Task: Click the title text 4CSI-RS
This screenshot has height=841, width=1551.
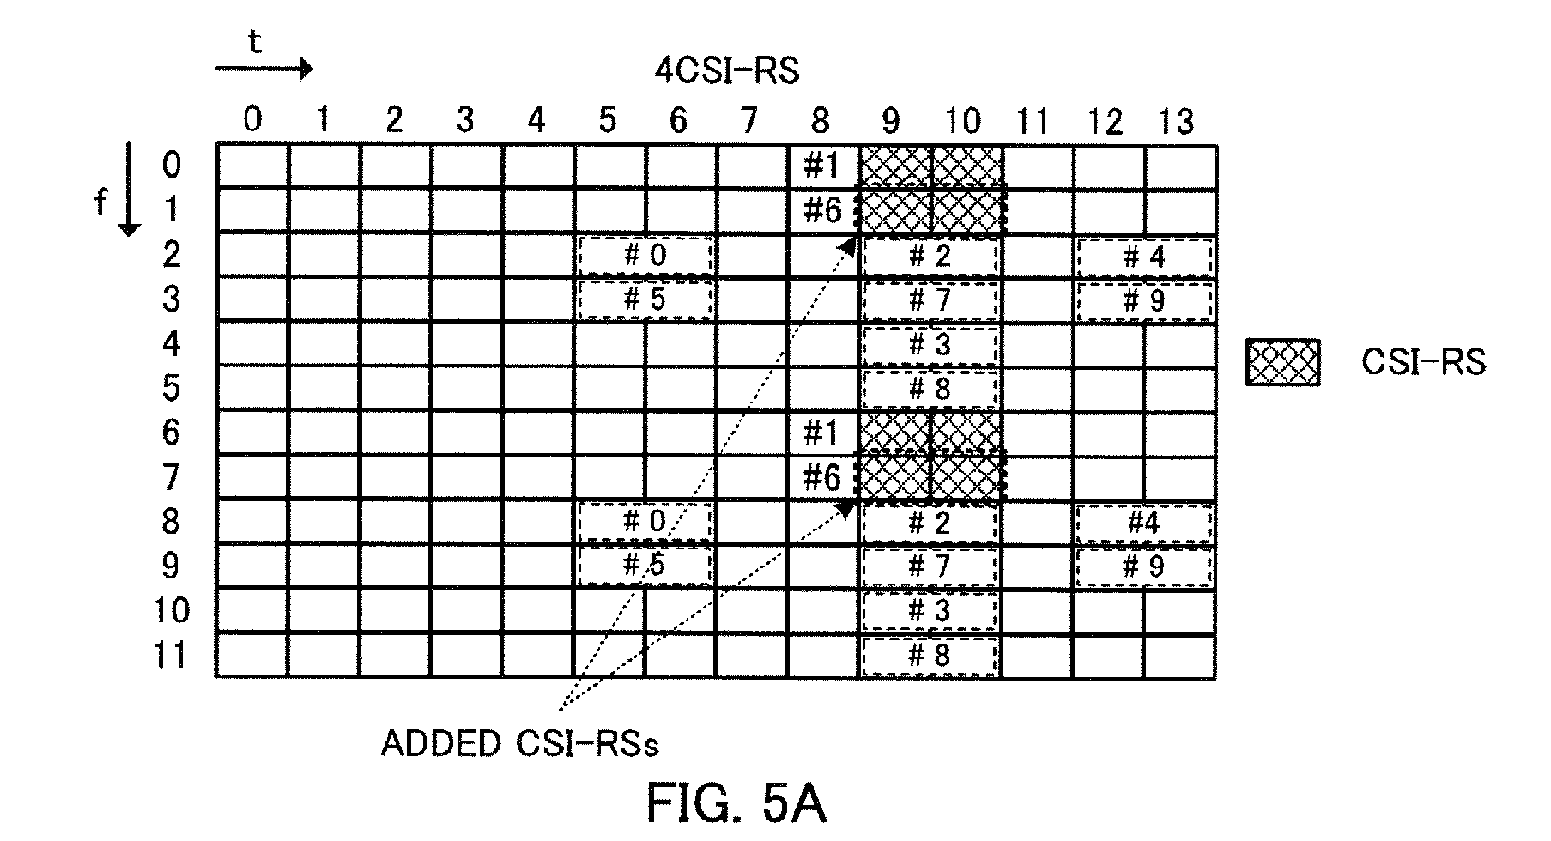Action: (727, 70)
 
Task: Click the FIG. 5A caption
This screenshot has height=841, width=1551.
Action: (736, 803)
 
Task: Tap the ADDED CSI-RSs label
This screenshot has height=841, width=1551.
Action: (520, 743)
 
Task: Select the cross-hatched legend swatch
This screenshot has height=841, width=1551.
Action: (1282, 362)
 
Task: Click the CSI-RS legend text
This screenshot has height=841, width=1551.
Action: (1423, 362)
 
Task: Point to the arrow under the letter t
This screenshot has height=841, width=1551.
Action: (264, 69)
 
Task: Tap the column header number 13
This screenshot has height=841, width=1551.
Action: (1176, 123)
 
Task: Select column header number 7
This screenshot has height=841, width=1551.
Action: (749, 121)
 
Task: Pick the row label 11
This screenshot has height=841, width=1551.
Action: (170, 656)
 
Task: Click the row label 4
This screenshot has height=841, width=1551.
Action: (172, 344)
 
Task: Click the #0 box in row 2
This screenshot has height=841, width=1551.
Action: (645, 256)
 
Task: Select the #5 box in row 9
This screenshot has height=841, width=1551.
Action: (645, 566)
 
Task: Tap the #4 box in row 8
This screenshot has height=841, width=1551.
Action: (1144, 523)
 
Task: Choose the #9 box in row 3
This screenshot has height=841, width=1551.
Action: (1144, 300)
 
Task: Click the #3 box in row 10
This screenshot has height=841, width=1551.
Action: (930, 611)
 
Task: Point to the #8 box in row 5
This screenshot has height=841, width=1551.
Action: (930, 389)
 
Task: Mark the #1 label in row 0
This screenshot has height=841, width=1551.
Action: (821, 166)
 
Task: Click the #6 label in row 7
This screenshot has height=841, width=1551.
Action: (822, 478)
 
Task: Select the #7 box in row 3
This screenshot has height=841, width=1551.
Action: (930, 300)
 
